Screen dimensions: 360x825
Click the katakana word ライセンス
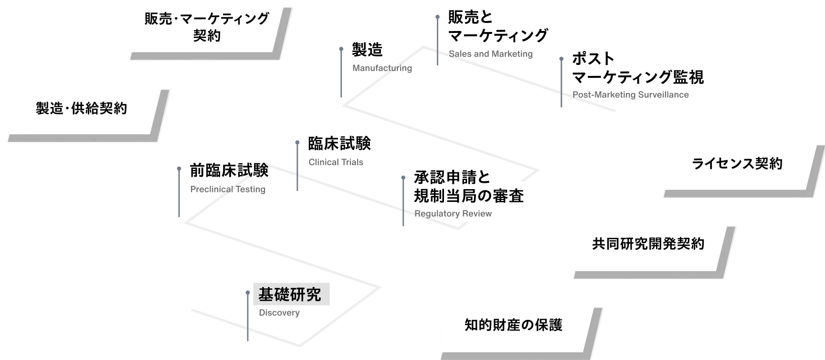(x=722, y=164)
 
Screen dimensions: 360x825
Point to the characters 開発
(x=662, y=244)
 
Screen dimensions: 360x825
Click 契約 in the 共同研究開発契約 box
(x=690, y=244)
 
